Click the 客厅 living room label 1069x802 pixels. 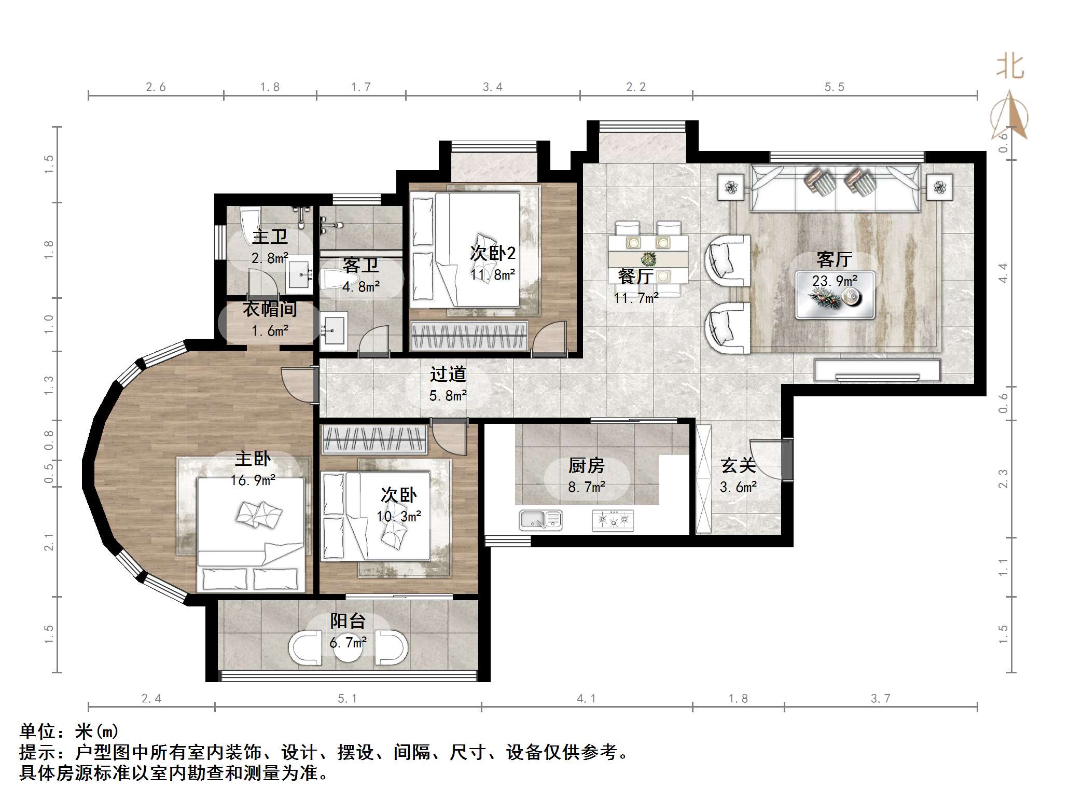[x=834, y=259]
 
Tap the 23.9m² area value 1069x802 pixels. [x=834, y=281]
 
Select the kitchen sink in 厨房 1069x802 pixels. [x=540, y=520]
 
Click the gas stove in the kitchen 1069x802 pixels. [x=613, y=520]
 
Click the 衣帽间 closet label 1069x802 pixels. [x=270, y=309]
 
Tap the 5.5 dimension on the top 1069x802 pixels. [x=834, y=87]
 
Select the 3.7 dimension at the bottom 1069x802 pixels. [x=880, y=699]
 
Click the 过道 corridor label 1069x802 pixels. [x=448, y=374]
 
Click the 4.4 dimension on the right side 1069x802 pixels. [x=1003, y=273]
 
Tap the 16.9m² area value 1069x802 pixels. [x=253, y=480]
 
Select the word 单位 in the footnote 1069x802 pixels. [x=37, y=731]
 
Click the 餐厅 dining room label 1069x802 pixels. [x=635, y=276]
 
